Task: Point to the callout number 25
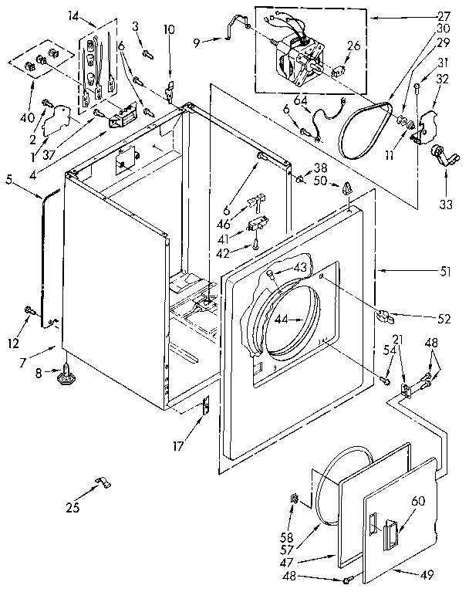point(73,506)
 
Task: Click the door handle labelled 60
point(390,533)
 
